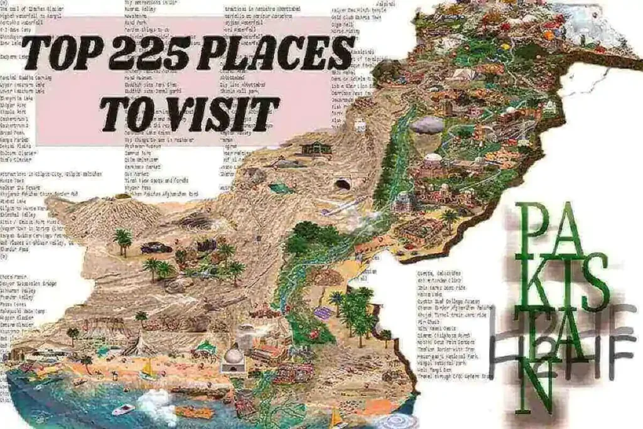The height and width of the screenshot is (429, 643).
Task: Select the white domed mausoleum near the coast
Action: (234, 359)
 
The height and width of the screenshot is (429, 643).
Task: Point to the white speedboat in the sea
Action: (123, 409)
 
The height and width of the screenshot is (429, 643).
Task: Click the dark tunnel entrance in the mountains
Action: (343, 185)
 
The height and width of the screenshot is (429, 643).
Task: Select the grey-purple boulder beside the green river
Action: (428, 124)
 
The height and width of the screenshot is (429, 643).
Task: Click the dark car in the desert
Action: (156, 247)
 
